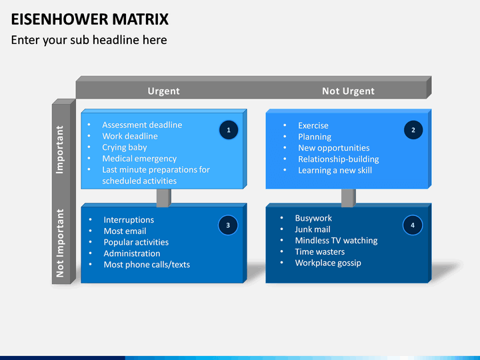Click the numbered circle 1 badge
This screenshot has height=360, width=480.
tap(229, 130)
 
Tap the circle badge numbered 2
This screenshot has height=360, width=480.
tap(413, 130)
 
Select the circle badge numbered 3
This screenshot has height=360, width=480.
tap(228, 225)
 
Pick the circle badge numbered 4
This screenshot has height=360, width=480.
tap(413, 225)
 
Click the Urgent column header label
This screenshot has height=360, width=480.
tap(163, 91)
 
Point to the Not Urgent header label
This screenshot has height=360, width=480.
tap(348, 91)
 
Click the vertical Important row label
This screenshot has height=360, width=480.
tap(60, 150)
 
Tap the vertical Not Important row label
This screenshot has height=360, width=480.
tap(60, 243)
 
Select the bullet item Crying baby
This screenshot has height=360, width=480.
tap(124, 147)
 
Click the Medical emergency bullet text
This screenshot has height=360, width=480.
tap(139, 159)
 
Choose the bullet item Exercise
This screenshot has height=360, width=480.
tap(313, 125)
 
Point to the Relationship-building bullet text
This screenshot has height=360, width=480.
tap(338, 159)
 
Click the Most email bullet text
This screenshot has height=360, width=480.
tap(125, 231)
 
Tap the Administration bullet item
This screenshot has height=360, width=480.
tap(131, 253)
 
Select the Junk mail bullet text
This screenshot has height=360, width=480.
tap(313, 229)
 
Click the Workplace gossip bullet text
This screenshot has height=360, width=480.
tap(328, 263)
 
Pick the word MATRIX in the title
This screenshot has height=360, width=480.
tap(140, 19)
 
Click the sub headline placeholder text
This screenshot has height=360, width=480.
tap(89, 40)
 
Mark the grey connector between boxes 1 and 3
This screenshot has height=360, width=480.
tap(164, 198)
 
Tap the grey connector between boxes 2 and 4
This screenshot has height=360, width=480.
tap(349, 198)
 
